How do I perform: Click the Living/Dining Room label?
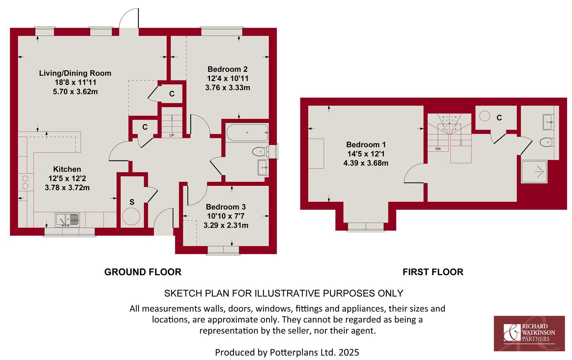(x=75, y=73)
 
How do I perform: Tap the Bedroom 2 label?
(x=228, y=69)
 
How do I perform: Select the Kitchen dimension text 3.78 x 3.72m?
(x=67, y=188)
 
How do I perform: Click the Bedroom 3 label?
(x=226, y=207)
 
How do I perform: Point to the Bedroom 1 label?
(x=366, y=145)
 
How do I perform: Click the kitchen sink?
(x=67, y=220)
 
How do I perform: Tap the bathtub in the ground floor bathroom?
(x=247, y=133)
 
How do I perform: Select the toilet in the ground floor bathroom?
(x=261, y=152)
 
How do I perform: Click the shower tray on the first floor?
(x=534, y=172)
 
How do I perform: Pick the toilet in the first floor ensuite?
(x=547, y=142)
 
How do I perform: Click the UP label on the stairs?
(x=172, y=135)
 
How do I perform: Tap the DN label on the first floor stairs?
(x=438, y=149)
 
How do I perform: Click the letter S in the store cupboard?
(x=132, y=202)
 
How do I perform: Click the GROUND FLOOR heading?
(x=143, y=272)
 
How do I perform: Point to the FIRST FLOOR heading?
(x=433, y=272)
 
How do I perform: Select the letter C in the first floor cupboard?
(x=499, y=118)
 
